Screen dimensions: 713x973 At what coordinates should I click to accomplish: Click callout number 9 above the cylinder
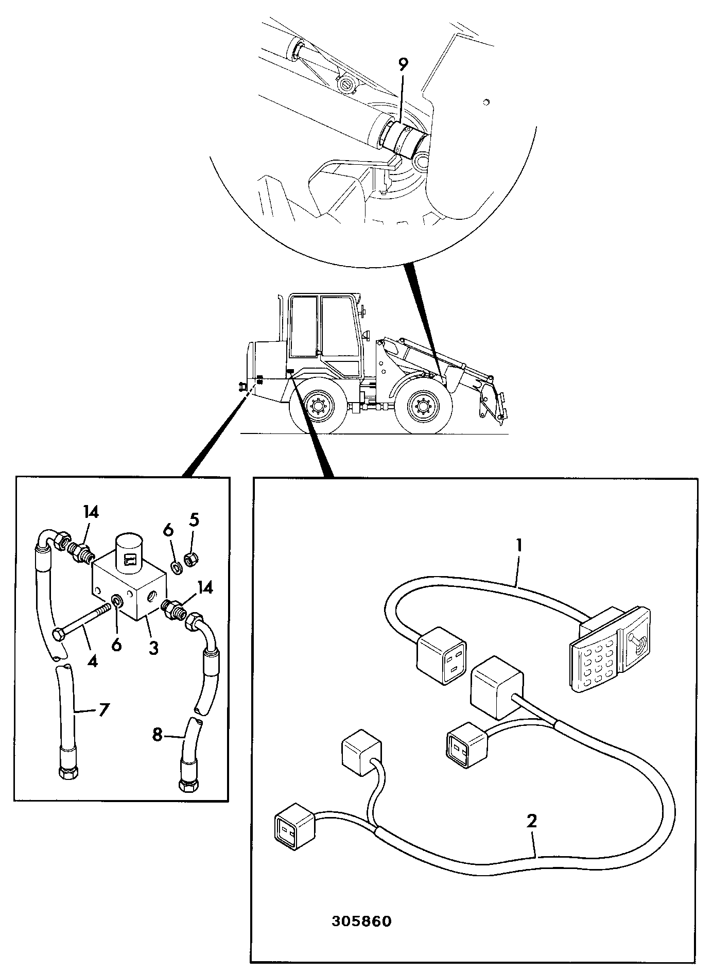point(403,65)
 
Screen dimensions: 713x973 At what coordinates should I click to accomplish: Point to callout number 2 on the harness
point(532,820)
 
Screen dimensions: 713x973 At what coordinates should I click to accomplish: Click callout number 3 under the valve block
point(153,647)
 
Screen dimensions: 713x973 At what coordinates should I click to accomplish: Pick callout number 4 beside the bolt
point(92,661)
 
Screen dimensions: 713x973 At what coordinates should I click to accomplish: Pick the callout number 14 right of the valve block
point(205,587)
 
